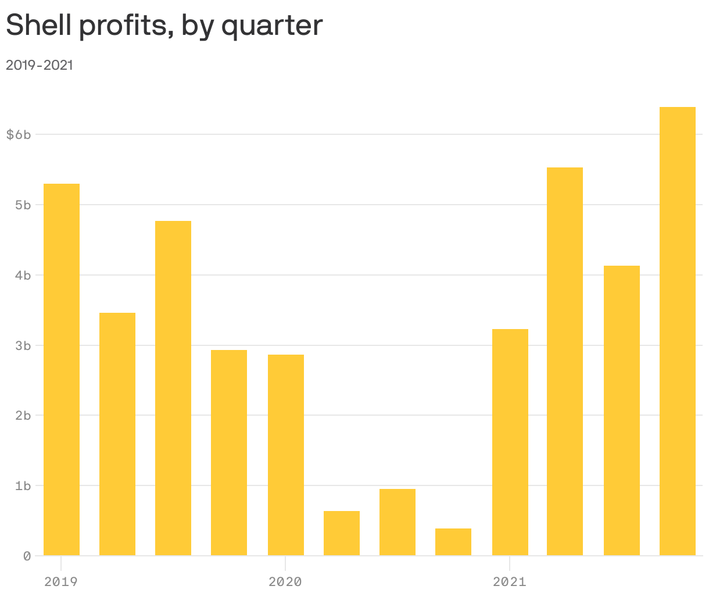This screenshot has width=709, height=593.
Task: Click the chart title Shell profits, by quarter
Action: pyautogui.click(x=164, y=26)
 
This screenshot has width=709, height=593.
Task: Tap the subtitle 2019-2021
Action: pyautogui.click(x=40, y=65)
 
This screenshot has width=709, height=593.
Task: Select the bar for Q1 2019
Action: pyautogui.click(x=62, y=369)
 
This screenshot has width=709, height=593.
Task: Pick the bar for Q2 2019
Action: pyautogui.click(x=117, y=434)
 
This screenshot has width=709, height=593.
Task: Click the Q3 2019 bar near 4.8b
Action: pyautogui.click(x=173, y=388)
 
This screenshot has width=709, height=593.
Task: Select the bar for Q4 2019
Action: pyautogui.click(x=229, y=452)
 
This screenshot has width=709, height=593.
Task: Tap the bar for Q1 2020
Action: pyautogui.click(x=286, y=455)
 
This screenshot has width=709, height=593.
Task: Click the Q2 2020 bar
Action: pyautogui.click(x=342, y=533)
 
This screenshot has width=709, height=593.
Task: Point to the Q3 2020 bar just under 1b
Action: pyautogui.click(x=398, y=522)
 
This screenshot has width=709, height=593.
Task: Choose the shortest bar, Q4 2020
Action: pyautogui.click(x=453, y=542)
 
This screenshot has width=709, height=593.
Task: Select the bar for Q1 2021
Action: pyautogui.click(x=510, y=442)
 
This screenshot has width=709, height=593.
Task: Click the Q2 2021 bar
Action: pyautogui.click(x=565, y=361)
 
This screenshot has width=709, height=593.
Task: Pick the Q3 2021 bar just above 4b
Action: pyautogui.click(x=622, y=410)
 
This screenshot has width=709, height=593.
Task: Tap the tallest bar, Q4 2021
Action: pyautogui.click(x=678, y=331)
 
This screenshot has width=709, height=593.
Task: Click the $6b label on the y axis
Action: pyautogui.click(x=18, y=135)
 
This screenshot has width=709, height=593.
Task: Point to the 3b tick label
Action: pyautogui.click(x=23, y=345)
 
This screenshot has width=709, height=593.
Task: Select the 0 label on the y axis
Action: pyautogui.click(x=27, y=556)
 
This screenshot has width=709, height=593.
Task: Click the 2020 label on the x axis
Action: pyautogui.click(x=285, y=581)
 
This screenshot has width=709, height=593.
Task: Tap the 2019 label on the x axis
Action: pyautogui.click(x=60, y=581)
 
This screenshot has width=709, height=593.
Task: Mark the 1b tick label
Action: pyautogui.click(x=23, y=485)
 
